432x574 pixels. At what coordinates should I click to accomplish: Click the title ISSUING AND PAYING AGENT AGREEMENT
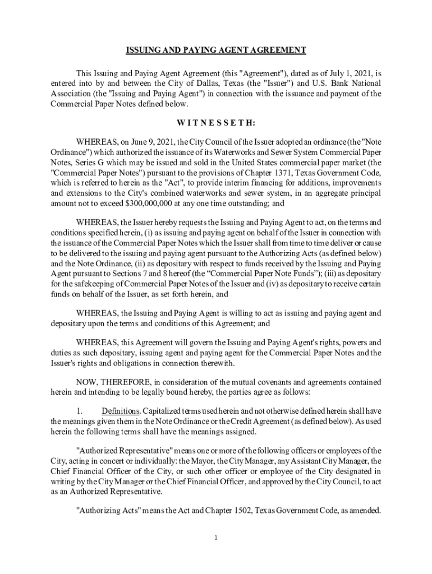[215, 50]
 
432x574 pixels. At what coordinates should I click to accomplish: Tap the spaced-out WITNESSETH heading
[216, 123]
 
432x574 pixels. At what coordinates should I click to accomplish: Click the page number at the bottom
[216, 538]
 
